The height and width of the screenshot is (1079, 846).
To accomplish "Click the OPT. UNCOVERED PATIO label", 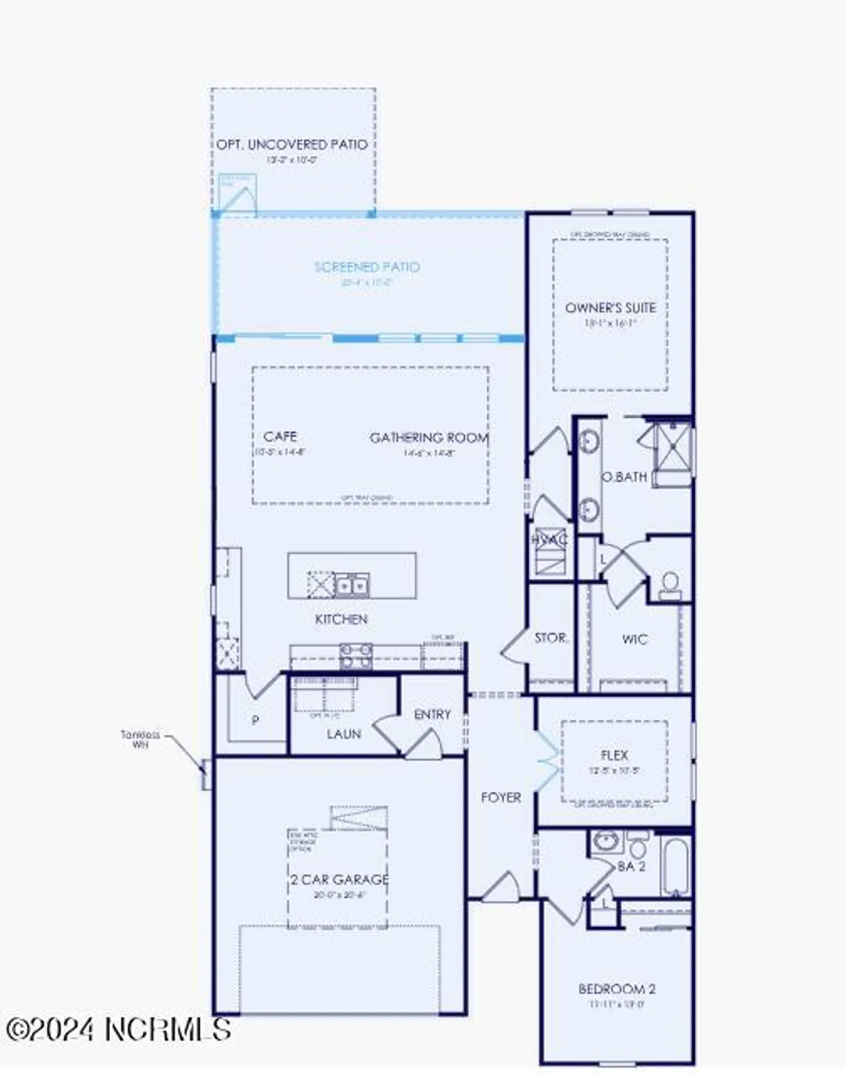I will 292,145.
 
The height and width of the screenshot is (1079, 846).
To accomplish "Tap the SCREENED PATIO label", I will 367,267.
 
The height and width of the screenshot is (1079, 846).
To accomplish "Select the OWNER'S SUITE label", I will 610,308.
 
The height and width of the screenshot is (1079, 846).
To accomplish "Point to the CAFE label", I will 281,437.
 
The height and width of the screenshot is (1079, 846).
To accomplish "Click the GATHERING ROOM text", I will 429,437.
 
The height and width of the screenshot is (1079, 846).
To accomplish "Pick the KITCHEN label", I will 341,619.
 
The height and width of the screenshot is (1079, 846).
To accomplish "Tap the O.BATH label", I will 624,477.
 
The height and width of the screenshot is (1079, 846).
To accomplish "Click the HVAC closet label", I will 550,539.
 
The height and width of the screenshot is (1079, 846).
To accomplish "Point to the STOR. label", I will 552,638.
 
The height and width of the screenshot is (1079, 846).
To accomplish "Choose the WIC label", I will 634,639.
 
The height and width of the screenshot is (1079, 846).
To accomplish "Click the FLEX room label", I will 614,755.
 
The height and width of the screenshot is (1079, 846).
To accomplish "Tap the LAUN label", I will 344,734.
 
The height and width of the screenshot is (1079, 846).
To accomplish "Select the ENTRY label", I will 432,714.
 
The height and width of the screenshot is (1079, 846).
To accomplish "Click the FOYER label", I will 501,798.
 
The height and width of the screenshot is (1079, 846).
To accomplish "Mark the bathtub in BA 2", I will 676,865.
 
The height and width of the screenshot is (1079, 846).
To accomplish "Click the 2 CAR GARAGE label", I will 339,880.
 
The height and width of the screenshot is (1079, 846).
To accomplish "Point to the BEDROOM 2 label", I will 617,989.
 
